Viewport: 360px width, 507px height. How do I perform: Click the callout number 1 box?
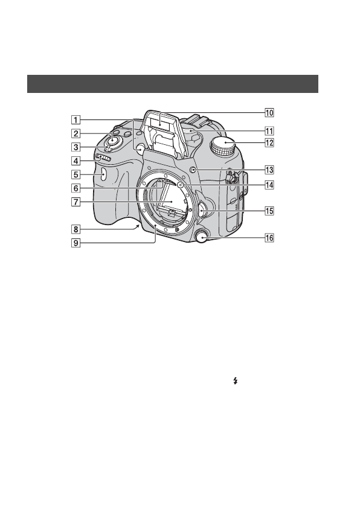(x=76, y=120)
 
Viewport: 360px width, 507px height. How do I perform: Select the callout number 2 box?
(x=76, y=133)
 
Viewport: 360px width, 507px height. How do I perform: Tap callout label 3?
(x=76, y=147)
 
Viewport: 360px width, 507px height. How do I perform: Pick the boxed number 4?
(x=76, y=161)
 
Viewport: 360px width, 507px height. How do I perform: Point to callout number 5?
(x=76, y=174)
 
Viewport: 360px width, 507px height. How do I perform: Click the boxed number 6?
(x=76, y=188)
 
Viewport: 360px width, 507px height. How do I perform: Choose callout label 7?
(x=76, y=202)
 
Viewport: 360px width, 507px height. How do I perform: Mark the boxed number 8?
(x=76, y=229)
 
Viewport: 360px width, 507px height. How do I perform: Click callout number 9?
(x=76, y=243)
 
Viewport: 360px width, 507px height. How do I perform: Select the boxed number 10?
(x=269, y=112)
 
